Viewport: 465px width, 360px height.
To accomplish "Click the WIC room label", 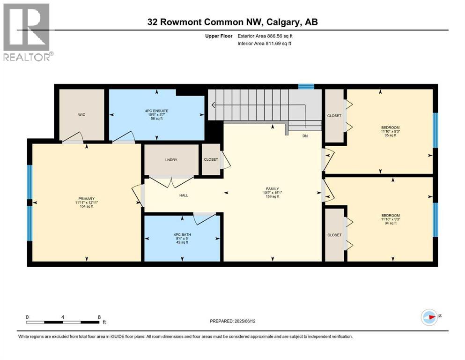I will [81, 114].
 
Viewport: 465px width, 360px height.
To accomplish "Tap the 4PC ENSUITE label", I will [156, 111].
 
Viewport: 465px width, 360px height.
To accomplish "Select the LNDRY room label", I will [170, 159].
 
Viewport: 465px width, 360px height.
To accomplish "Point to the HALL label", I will [184, 195].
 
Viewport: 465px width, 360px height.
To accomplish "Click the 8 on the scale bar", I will [99, 317].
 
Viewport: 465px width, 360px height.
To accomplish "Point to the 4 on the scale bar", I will [63, 317].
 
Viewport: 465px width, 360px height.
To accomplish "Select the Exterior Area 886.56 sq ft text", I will [266, 36].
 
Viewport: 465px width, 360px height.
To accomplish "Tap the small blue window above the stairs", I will [306, 86].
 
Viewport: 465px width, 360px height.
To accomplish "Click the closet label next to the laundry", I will [211, 159].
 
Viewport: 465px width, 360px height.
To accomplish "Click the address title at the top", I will [232, 22].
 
